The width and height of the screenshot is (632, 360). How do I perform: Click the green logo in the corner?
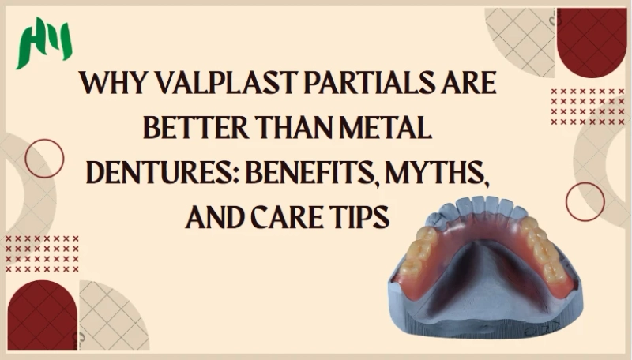(x=44, y=43)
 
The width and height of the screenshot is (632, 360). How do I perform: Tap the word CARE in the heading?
(x=294, y=214)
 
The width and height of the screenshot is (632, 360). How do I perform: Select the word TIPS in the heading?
(x=363, y=214)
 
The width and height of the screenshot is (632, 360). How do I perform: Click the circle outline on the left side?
(x=44, y=158)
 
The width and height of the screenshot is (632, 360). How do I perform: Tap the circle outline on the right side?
(x=585, y=201)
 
